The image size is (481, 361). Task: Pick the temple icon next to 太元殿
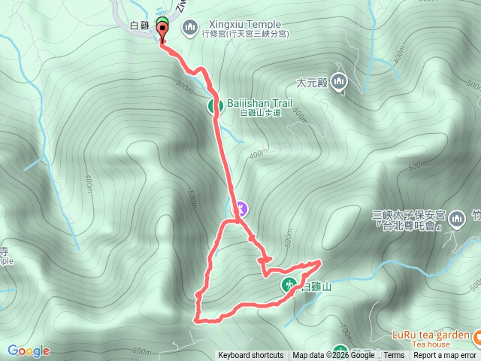coord(339,82)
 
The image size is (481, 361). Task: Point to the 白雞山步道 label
coord(260,114)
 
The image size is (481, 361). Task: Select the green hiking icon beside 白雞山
coord(289,284)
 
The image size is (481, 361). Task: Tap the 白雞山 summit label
coord(316,287)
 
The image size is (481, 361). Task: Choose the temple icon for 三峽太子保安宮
coord(456,220)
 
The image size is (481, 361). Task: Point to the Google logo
coord(29,350)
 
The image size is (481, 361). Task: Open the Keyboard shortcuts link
coord(251,356)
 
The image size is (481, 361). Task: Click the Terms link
coord(394,356)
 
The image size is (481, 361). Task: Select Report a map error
coord(445,356)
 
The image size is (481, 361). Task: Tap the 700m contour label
coord(345,330)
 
